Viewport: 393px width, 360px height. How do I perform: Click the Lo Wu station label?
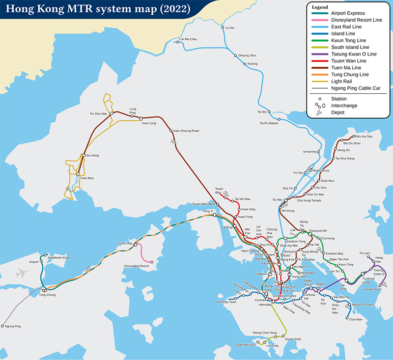point(230,28)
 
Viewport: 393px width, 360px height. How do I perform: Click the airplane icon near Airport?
point(22,273)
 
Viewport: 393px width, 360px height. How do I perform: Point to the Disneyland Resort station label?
point(137,266)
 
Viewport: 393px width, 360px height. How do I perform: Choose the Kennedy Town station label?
point(226,302)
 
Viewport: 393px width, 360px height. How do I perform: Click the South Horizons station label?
point(245,345)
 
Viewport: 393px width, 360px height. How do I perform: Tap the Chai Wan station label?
point(355,319)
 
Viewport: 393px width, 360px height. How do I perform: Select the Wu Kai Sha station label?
point(364,136)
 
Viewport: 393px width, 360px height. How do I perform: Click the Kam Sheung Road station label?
point(186,131)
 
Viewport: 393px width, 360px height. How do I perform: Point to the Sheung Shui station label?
point(247,56)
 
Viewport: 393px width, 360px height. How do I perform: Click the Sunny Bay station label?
point(125,243)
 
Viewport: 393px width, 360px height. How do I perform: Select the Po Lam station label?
point(364,253)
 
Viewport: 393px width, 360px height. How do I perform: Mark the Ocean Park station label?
point(293,339)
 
